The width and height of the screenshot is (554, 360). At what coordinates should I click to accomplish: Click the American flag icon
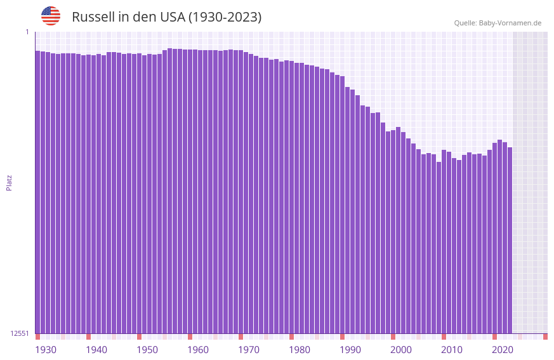tap(51, 16)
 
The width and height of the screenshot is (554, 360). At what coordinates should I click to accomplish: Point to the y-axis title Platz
tap(9, 182)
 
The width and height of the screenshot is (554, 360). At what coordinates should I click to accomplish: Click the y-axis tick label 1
tap(27, 32)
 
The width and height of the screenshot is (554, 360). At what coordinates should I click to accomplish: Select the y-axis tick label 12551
tap(20, 333)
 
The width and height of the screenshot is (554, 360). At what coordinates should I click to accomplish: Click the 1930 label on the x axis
tap(46, 350)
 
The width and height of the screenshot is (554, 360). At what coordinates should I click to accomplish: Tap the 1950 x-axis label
tap(147, 350)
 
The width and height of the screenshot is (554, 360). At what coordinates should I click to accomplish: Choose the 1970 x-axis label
tap(249, 350)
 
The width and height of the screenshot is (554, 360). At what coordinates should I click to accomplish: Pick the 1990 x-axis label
tap(350, 350)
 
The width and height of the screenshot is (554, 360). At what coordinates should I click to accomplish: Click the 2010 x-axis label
tap(452, 350)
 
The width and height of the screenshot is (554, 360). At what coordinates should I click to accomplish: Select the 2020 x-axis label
tap(503, 350)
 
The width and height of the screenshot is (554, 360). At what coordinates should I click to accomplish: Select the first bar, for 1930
tap(37, 190)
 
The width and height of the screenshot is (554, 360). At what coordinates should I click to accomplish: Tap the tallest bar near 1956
tap(169, 190)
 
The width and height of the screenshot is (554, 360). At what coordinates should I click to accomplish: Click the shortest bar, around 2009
tap(439, 248)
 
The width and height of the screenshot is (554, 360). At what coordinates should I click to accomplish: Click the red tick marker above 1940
tap(88, 337)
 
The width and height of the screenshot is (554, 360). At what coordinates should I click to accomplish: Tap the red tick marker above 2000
tap(393, 337)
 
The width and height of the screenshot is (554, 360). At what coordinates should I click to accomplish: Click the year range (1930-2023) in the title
tap(225, 17)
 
